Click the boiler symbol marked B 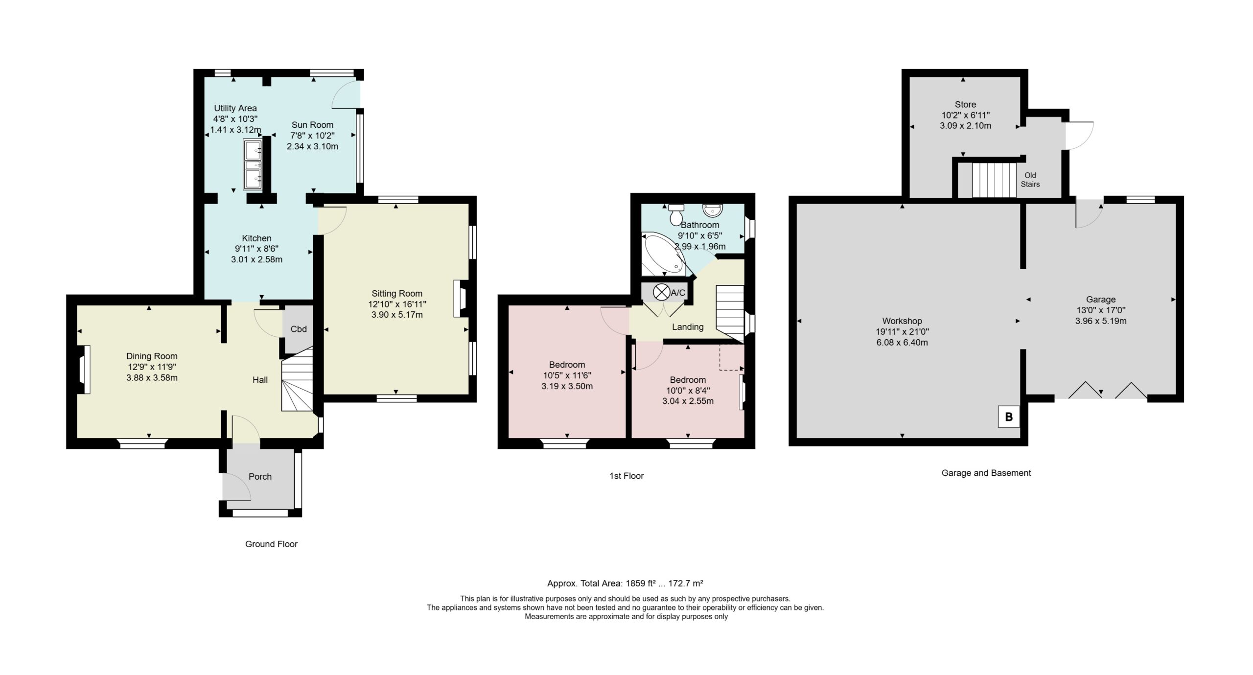(1008, 417)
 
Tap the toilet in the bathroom (676, 213)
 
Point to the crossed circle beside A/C (661, 293)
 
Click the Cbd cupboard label (299, 329)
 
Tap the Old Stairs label (1030, 180)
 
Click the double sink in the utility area (253, 163)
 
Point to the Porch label (260, 476)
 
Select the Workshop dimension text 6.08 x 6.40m (902, 343)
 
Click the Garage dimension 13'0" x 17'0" (1101, 310)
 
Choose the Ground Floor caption (271, 544)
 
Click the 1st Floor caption (626, 476)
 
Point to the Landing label (688, 327)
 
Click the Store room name (965, 104)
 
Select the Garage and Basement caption (986, 473)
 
